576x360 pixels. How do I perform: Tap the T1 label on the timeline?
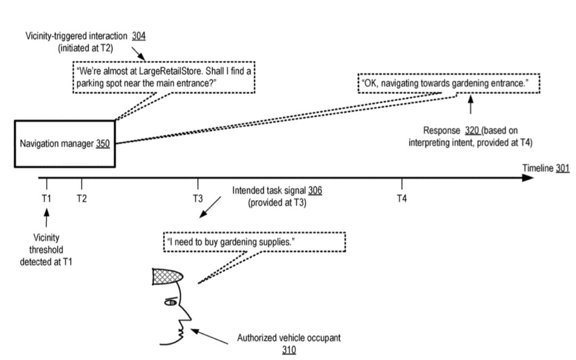pyautogui.click(x=47, y=198)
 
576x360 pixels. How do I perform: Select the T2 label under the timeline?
pyautogui.click(x=82, y=198)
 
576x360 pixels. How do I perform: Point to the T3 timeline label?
pyautogui.click(x=198, y=198)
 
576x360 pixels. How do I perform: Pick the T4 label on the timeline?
pyautogui.click(x=402, y=198)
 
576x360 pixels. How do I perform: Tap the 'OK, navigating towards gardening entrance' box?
pyautogui.click(x=449, y=83)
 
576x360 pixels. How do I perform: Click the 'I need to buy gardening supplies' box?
pyautogui.click(x=254, y=242)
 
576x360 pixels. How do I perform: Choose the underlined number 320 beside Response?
pyautogui.click(x=473, y=130)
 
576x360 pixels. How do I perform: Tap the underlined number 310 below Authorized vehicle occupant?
pyautogui.click(x=289, y=350)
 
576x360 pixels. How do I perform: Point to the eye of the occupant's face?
pyautogui.click(x=171, y=302)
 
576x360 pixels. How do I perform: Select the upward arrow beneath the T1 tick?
pyautogui.click(x=47, y=218)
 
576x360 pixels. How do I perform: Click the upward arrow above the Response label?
pyautogui.click(x=470, y=106)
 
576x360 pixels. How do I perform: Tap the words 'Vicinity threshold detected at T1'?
pyautogui.click(x=47, y=249)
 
